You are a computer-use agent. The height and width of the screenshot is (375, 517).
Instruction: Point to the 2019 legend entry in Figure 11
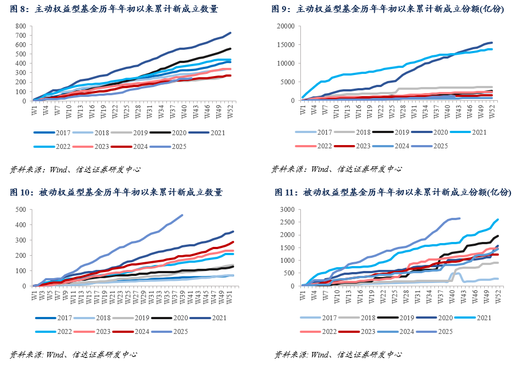point(401,318)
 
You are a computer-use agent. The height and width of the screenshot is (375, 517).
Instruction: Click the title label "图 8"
point(20,9)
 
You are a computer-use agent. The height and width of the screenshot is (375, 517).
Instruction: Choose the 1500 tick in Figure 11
point(288,247)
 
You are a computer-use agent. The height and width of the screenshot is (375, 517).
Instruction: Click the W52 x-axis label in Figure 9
point(491,109)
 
